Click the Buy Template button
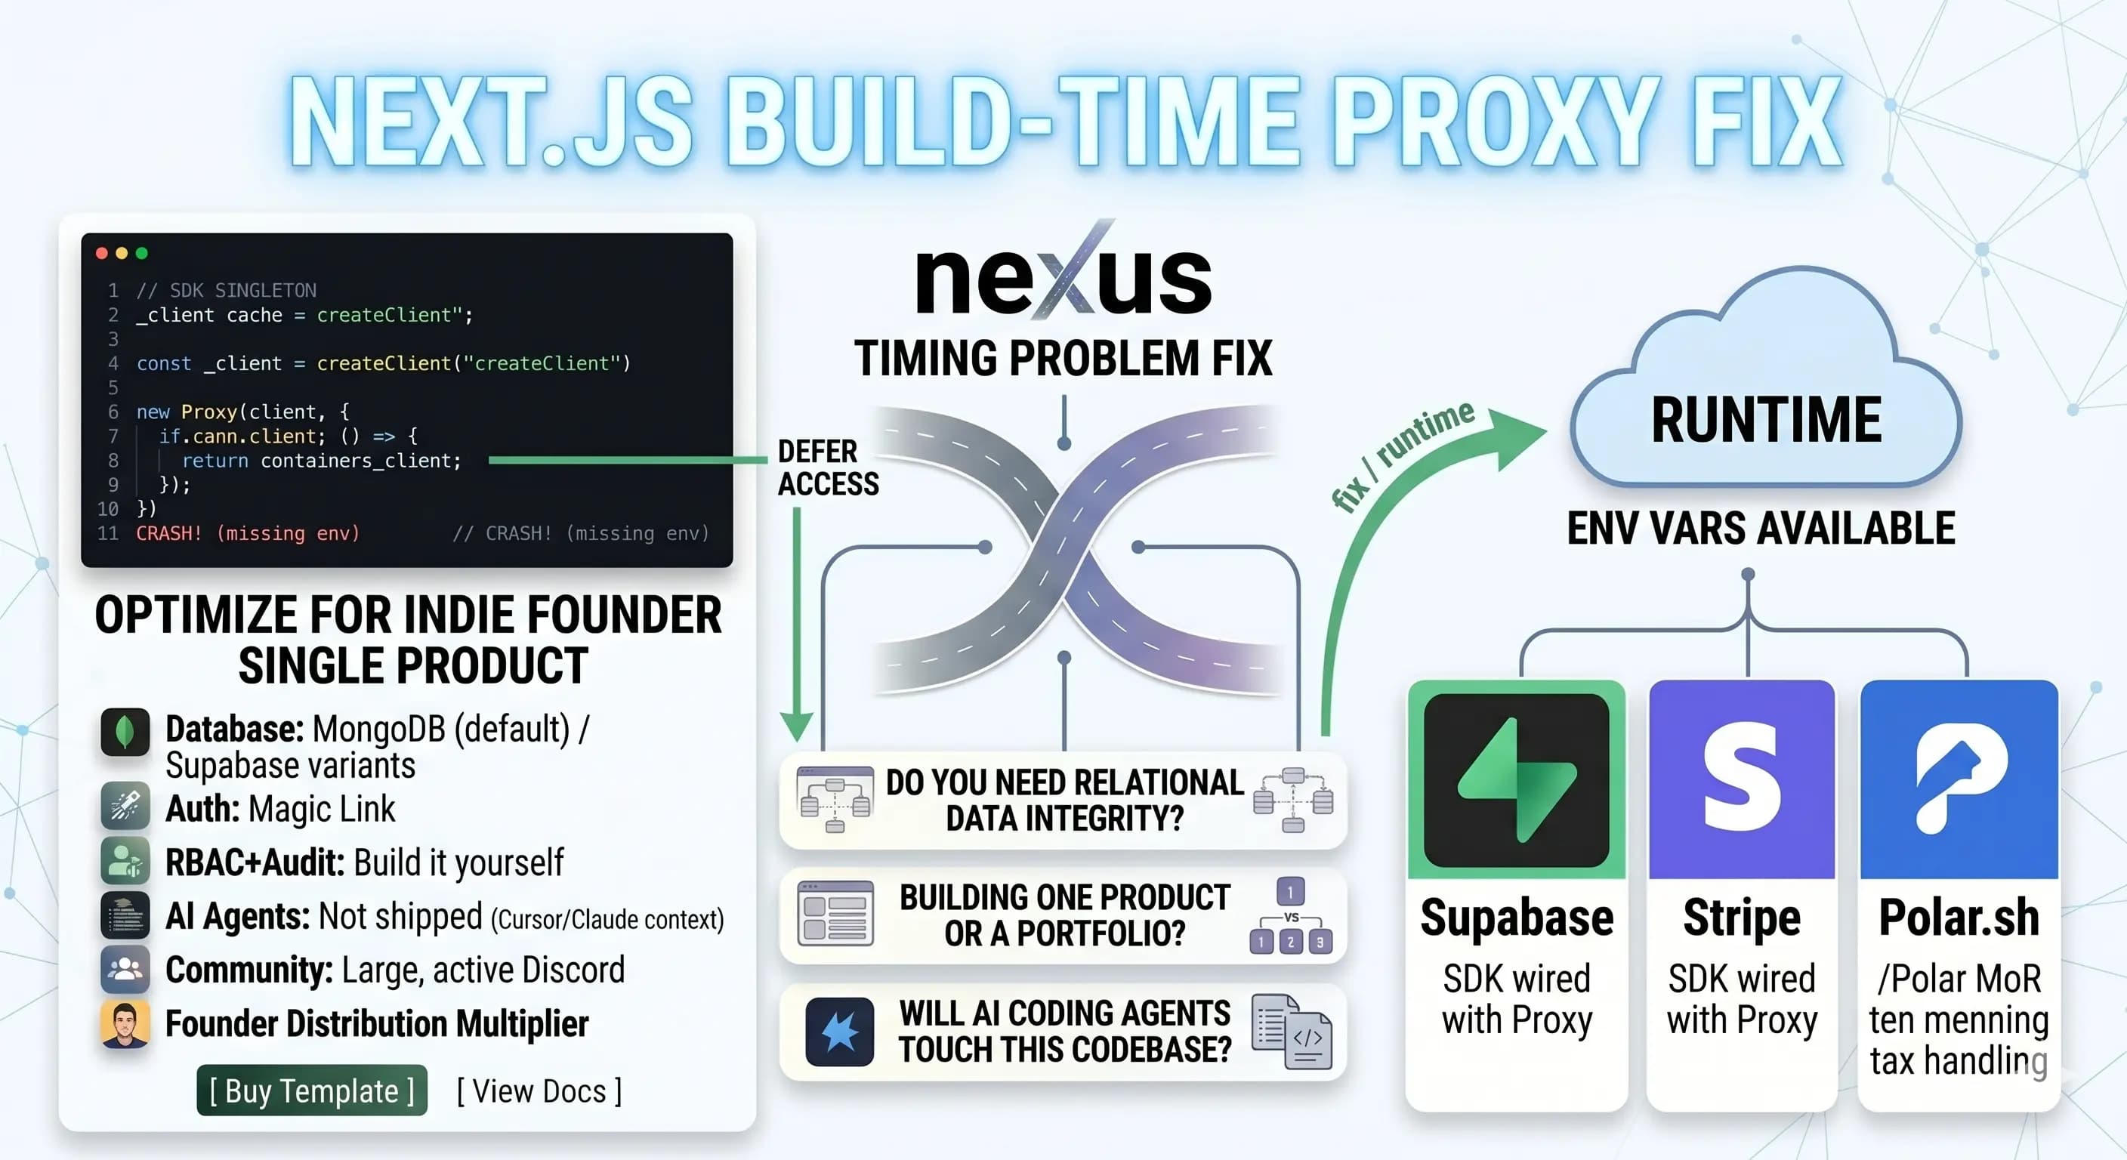coord(311,1091)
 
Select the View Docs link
coord(539,1091)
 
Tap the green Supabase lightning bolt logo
coord(1517,780)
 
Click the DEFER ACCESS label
coord(828,467)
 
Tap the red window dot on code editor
coord(101,254)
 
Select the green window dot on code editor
coord(142,254)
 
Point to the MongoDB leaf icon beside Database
coord(125,732)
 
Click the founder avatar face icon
coord(125,1024)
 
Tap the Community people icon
coord(125,969)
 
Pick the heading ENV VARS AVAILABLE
coord(1761,529)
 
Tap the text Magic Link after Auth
coord(321,809)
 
